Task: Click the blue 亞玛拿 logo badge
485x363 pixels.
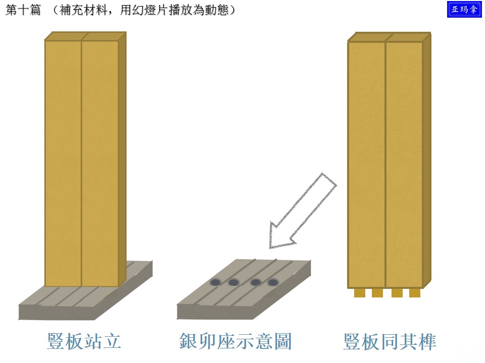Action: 464,9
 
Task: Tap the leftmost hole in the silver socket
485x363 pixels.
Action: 215,282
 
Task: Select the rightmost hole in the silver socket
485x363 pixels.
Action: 273,282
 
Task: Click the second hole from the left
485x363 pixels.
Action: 233,282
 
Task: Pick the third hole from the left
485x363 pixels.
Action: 256,282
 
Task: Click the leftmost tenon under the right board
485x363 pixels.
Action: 359,292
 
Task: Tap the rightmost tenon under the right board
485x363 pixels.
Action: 415,292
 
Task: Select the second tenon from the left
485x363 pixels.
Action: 377,292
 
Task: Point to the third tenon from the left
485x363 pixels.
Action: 397,292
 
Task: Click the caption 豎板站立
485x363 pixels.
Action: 84,341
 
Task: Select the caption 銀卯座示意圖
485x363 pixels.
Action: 235,341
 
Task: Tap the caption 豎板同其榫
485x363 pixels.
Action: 390,341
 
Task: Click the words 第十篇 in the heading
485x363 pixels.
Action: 23,10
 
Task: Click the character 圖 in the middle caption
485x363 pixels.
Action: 283,341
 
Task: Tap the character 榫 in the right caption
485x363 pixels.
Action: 427,341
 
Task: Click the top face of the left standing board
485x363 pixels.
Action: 85,36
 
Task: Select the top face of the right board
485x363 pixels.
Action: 389,37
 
